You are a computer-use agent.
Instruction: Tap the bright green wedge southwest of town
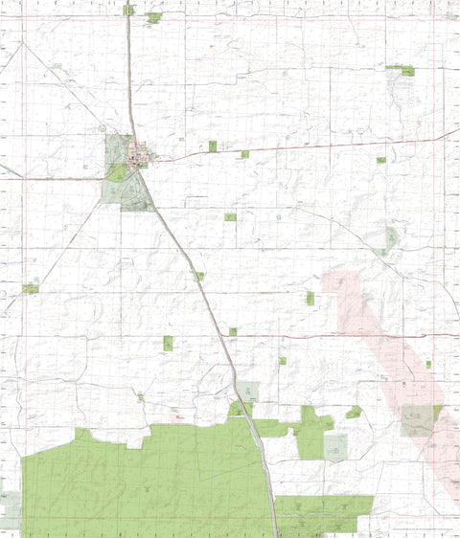pos(117,173)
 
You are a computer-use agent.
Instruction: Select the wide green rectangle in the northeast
pos(401,69)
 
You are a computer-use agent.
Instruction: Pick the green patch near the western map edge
pos(31,288)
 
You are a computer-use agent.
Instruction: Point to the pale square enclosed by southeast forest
pos(335,446)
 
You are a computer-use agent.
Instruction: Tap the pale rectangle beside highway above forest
pos(248,391)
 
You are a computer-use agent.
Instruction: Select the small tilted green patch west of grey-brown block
pos(354,412)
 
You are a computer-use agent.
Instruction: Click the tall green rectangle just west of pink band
pos(310,299)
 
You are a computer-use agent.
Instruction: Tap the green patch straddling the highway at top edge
pos(128,10)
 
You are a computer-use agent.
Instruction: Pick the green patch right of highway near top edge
pos(153,17)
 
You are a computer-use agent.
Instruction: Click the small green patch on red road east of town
pos(244,154)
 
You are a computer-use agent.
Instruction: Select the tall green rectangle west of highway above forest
pos(168,343)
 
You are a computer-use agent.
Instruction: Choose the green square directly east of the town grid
pos(213,146)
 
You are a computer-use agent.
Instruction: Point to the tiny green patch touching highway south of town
pos(200,276)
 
